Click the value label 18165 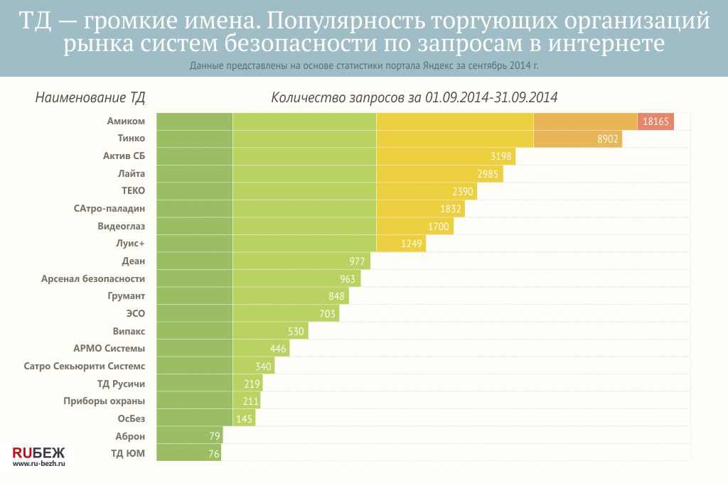[655, 121]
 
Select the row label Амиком [126, 121]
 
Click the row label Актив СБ [124, 156]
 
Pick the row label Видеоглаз [121, 227]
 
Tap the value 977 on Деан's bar [357, 261]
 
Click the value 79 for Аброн [212, 436]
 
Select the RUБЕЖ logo [38, 452]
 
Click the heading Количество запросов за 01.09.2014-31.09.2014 [414, 98]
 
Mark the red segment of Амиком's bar [655, 121]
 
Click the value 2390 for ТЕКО [463, 192]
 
